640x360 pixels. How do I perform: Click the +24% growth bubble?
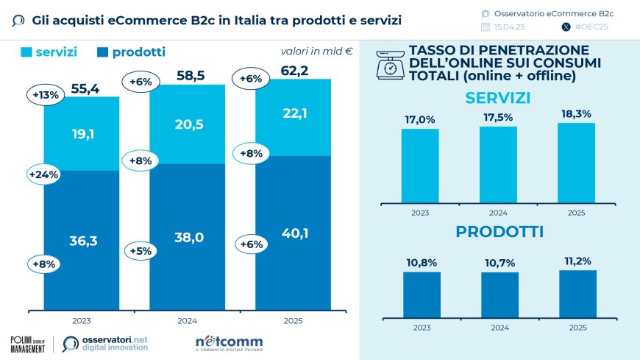pos(44,175)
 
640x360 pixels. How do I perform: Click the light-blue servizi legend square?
pos(26,52)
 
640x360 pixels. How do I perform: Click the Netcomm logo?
pos(229,343)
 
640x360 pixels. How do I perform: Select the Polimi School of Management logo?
pos(28,343)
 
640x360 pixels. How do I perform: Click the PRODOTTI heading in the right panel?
pos(499,231)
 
